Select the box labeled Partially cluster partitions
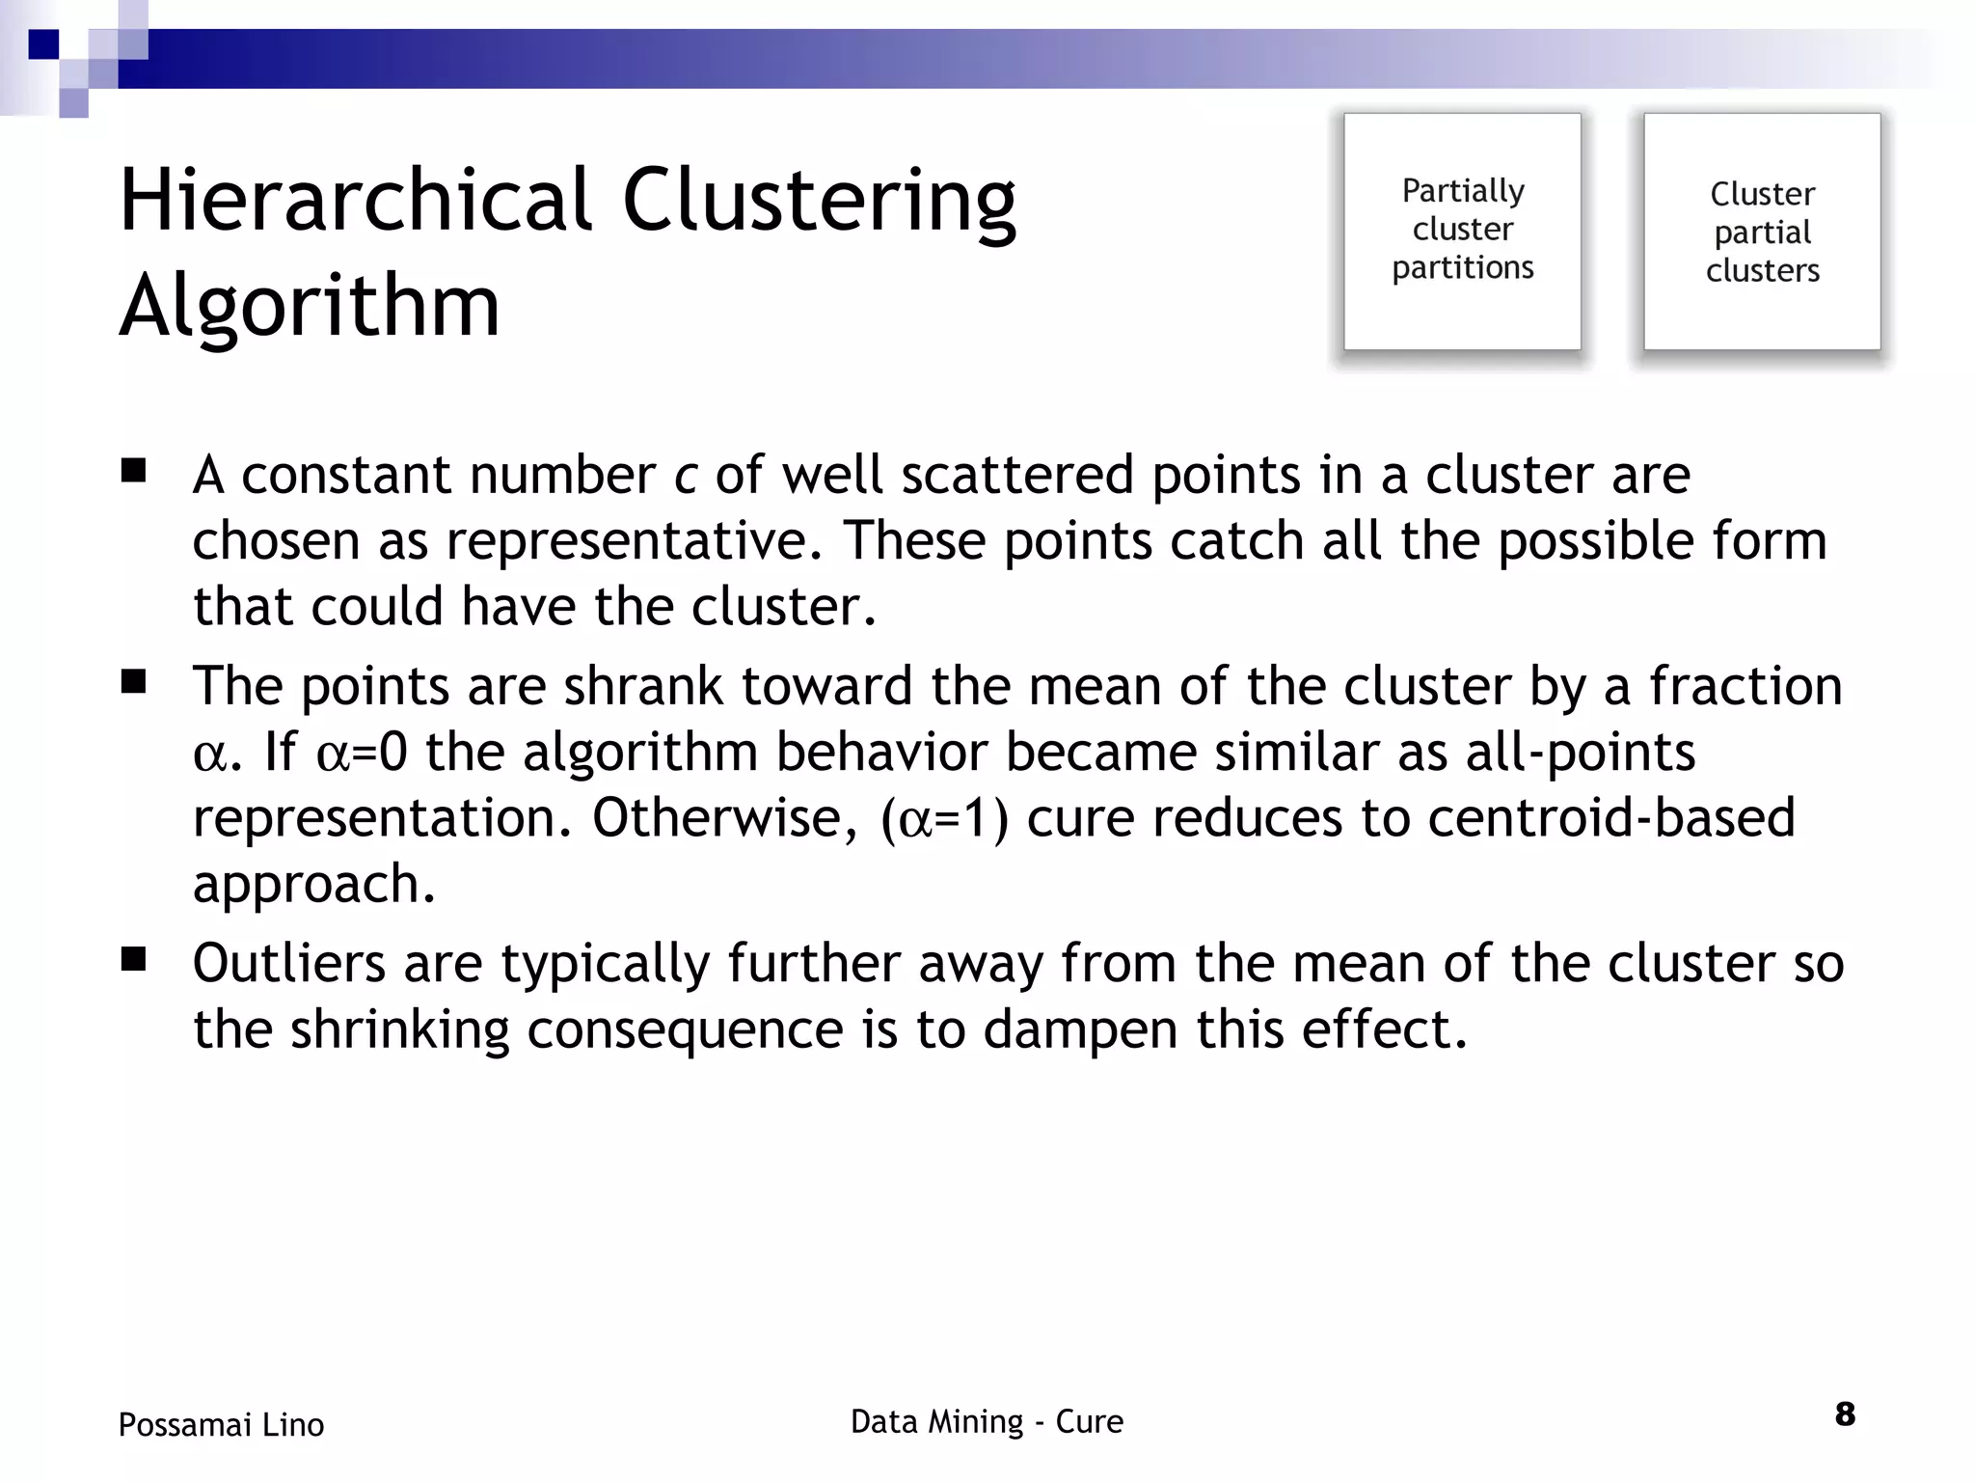pos(1462,231)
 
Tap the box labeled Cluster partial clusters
pos(1762,231)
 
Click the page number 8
pos(1844,1414)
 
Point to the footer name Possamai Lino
pos(221,1424)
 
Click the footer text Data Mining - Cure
pos(987,1421)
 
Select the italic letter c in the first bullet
pos(685,476)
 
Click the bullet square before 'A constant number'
pos(133,472)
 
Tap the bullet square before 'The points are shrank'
pos(133,683)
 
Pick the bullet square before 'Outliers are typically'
pos(133,960)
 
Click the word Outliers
pos(289,963)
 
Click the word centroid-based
pos(1610,817)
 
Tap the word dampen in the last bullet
pos(1080,1029)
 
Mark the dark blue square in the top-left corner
pos(43,44)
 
